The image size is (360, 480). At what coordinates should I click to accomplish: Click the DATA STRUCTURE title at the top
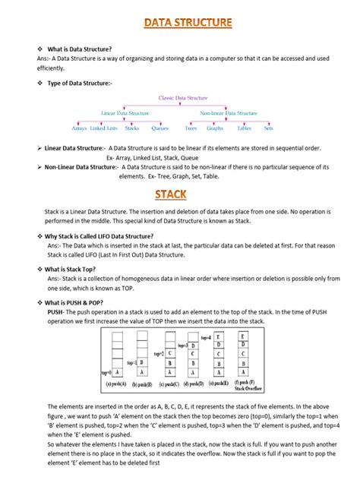pyautogui.click(x=187, y=24)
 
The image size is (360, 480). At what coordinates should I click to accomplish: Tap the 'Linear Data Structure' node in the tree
pyautogui.click(x=125, y=112)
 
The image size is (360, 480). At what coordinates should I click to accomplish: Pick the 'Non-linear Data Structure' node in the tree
pyautogui.click(x=228, y=112)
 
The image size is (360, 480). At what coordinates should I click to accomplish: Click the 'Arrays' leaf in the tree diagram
pyautogui.click(x=84, y=128)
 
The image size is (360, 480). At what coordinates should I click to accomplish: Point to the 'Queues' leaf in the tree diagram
pyautogui.click(x=160, y=128)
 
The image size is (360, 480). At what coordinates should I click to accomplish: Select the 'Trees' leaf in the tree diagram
pyautogui.click(x=191, y=128)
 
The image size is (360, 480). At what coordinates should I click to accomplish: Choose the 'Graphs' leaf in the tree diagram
pyautogui.click(x=216, y=128)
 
